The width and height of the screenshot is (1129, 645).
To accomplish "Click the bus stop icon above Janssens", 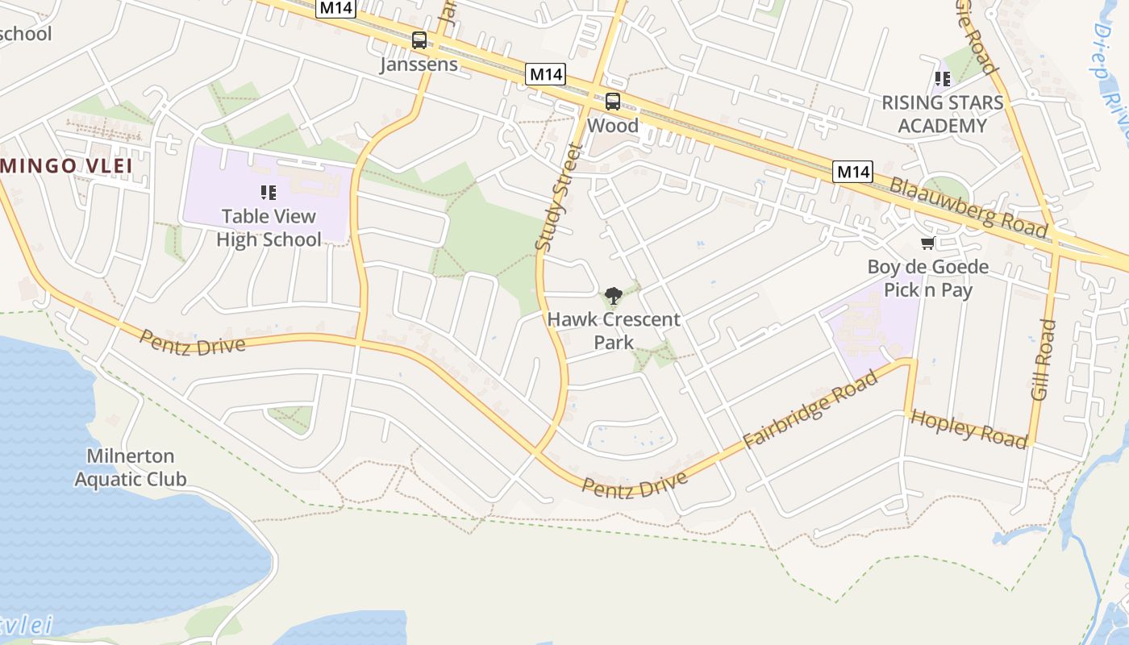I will point(419,40).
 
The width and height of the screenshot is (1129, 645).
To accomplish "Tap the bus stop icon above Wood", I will point(613,102).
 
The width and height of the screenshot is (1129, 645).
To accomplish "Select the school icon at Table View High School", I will point(269,192).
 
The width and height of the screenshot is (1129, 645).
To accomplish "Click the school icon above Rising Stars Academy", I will point(942,78).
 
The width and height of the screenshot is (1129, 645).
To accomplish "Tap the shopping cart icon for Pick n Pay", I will point(927,243).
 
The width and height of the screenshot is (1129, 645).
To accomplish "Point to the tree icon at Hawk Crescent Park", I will point(614,296).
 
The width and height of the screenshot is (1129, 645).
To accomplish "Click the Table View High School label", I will point(269,227).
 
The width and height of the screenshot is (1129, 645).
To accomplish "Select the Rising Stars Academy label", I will point(942,114).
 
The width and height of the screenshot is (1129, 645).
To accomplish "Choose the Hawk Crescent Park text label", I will point(614,331).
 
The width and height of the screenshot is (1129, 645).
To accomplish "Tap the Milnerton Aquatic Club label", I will point(130,468).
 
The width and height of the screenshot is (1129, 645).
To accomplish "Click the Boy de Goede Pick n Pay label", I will point(928,278).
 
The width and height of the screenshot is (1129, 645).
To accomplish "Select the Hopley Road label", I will point(969,428).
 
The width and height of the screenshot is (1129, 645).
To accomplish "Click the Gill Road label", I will point(1044,360).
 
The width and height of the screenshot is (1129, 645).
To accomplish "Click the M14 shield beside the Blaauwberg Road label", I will point(853,171).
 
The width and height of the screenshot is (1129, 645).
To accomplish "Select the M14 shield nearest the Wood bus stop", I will point(546,75).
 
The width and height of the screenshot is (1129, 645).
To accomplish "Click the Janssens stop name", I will point(419,64).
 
